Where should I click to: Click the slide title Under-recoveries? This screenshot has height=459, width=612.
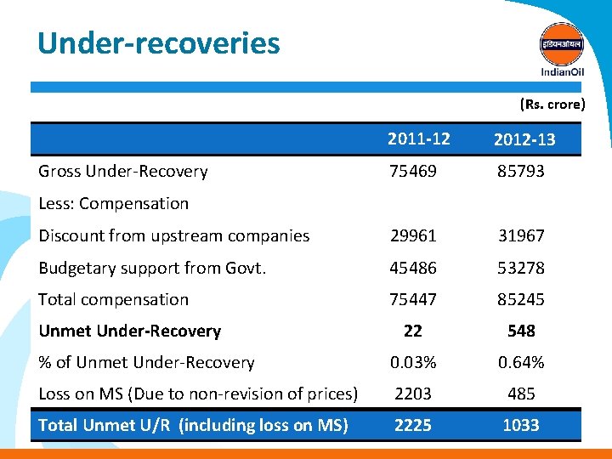point(158,42)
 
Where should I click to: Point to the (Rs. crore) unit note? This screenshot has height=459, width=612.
point(552,105)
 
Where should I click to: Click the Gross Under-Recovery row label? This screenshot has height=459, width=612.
point(123,172)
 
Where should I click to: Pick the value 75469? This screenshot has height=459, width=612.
point(412,172)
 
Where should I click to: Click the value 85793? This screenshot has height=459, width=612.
point(521,172)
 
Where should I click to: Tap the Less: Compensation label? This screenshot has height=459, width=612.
point(114,204)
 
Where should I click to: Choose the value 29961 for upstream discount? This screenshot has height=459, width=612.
point(412,236)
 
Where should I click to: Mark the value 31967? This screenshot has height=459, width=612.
point(521,236)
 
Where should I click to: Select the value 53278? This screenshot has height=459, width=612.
point(521,269)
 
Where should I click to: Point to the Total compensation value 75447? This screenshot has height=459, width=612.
point(412,300)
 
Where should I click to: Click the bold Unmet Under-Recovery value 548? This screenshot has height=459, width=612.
point(521,331)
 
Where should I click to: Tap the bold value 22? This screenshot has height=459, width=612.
point(412,331)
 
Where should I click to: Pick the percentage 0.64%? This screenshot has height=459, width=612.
point(521,363)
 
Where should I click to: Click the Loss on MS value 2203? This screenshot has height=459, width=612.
point(412,394)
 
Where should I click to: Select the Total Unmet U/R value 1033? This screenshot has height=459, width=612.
point(521,426)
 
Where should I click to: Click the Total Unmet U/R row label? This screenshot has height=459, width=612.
point(194,426)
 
